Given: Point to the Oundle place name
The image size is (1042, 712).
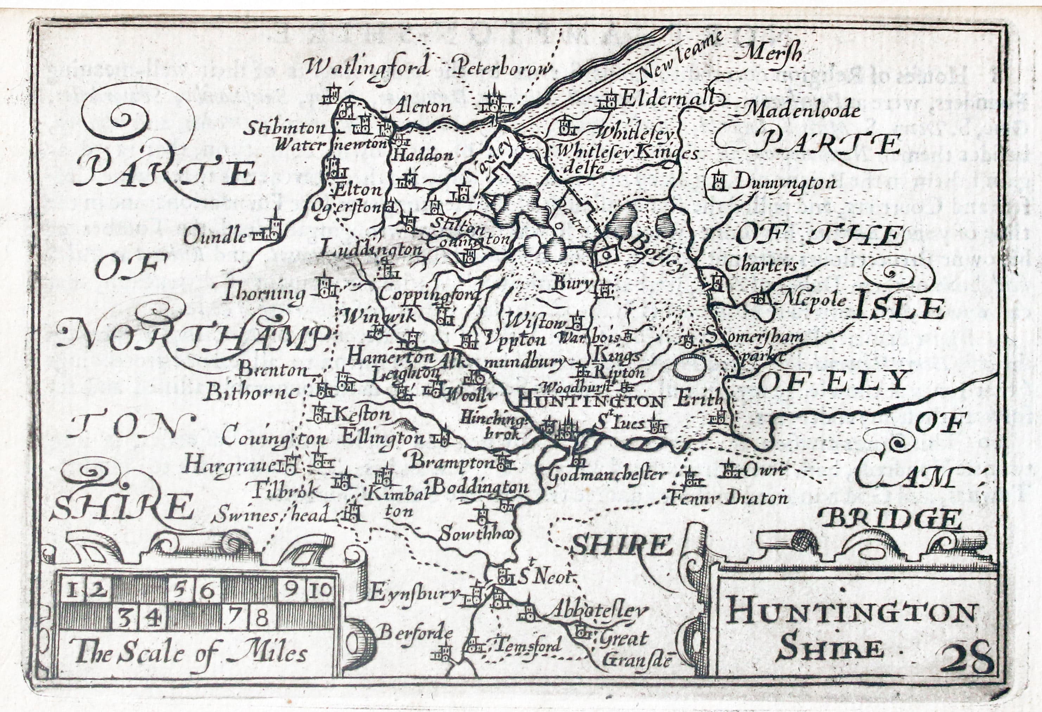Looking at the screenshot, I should [216, 236].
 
